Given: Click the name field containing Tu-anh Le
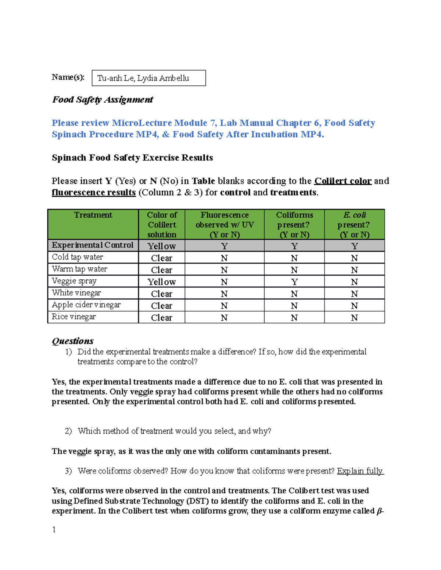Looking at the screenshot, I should (x=148, y=78).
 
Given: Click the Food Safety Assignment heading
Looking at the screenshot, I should (x=102, y=100).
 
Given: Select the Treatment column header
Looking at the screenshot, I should (x=93, y=215).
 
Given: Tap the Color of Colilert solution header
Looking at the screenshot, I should (x=162, y=225).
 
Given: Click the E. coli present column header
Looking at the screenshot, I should (x=354, y=225).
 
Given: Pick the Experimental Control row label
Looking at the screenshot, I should (x=93, y=245).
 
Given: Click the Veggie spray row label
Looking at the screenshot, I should (x=74, y=281).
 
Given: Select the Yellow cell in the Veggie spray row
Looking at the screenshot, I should (x=162, y=282).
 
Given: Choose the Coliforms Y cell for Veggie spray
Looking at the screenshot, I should (x=294, y=282).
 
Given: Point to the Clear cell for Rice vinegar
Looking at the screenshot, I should (x=162, y=317).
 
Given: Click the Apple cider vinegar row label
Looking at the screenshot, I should (x=86, y=305).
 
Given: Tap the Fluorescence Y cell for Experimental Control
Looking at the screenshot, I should (x=224, y=246).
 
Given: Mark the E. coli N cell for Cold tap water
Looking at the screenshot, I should (x=354, y=258).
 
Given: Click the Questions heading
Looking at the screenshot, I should (x=73, y=341).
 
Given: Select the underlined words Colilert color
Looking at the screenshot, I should (x=343, y=181).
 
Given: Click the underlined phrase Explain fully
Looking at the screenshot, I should (x=360, y=471).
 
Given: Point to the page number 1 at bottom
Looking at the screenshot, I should (x=54, y=529).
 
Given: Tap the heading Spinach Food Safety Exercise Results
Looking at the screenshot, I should (x=132, y=158).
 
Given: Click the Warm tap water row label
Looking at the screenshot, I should (x=79, y=269).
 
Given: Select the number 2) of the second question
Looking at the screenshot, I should (x=68, y=431).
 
